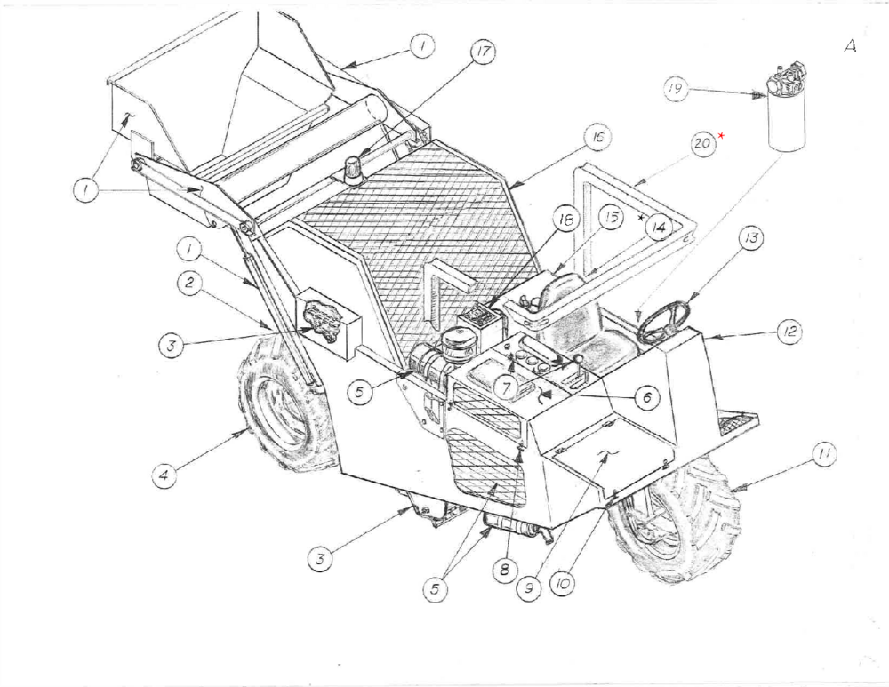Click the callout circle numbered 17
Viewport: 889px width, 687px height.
(483, 52)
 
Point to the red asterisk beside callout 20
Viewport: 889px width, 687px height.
(722, 134)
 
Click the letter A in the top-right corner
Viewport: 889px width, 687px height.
(850, 47)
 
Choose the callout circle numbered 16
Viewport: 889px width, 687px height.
(595, 138)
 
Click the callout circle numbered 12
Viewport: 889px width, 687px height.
(789, 332)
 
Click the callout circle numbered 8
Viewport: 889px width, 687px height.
(504, 570)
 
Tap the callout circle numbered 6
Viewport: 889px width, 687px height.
(646, 399)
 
